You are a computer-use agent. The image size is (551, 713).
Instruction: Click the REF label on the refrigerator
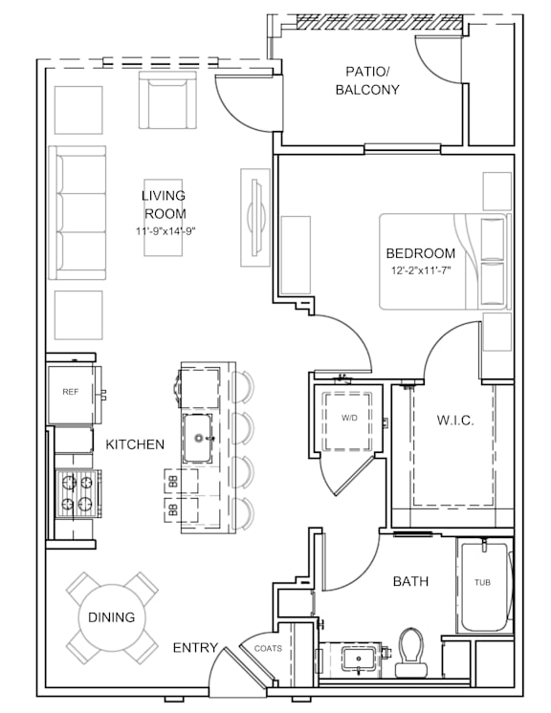tap(71, 392)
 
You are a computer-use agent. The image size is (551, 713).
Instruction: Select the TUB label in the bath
tap(482, 582)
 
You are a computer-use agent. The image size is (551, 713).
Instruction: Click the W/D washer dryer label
tap(349, 418)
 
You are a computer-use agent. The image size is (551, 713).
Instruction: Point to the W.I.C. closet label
tap(455, 420)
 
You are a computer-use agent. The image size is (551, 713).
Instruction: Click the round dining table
tap(112, 617)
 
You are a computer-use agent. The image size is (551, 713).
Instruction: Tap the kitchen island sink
tap(198, 439)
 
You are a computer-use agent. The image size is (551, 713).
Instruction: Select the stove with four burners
tap(77, 493)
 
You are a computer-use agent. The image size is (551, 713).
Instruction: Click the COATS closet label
tap(268, 648)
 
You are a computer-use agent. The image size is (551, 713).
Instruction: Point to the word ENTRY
tap(195, 647)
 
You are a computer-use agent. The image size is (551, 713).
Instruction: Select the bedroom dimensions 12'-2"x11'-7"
tap(421, 271)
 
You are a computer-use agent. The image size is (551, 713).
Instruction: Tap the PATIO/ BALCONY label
tap(367, 80)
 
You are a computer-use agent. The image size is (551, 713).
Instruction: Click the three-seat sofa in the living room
tap(77, 213)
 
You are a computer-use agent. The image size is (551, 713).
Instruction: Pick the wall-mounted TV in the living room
tap(256, 217)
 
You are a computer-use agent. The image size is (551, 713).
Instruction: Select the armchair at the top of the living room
tap(168, 100)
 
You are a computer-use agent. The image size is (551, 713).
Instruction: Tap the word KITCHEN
tap(135, 444)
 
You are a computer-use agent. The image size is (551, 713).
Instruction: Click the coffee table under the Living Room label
tap(164, 217)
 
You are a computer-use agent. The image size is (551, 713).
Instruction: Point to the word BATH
tap(410, 581)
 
